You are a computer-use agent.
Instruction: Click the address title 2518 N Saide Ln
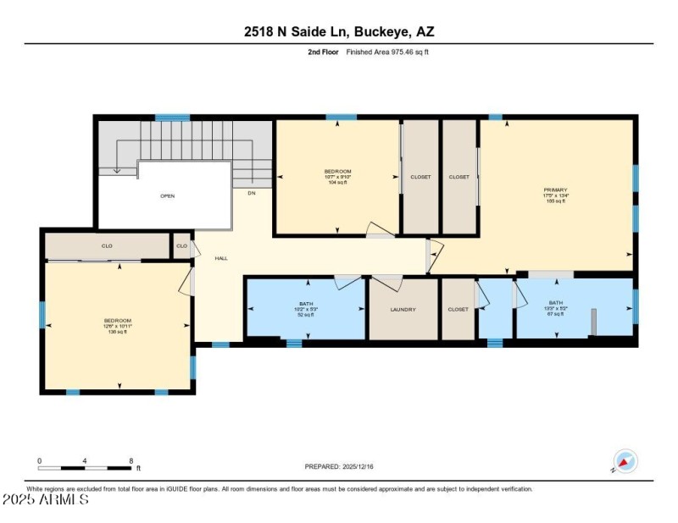click(x=339, y=32)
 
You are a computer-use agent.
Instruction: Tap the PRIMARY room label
click(x=556, y=190)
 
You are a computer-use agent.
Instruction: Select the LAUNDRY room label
click(x=403, y=310)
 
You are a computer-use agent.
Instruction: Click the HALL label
click(x=220, y=258)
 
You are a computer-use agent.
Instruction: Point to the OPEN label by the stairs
click(x=167, y=195)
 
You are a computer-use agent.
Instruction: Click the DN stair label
click(x=251, y=193)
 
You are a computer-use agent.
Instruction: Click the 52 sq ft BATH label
click(x=306, y=306)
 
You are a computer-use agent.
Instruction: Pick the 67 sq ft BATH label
click(x=555, y=306)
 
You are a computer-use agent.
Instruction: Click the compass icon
click(x=625, y=461)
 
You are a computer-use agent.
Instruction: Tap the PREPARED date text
click(x=338, y=466)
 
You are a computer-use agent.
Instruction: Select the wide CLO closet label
click(x=108, y=246)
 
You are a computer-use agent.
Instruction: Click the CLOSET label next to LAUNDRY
click(x=458, y=310)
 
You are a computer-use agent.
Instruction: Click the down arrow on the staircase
click(x=117, y=170)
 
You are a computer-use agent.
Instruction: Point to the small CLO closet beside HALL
click(x=181, y=246)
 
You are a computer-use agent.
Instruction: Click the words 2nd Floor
click(x=324, y=52)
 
